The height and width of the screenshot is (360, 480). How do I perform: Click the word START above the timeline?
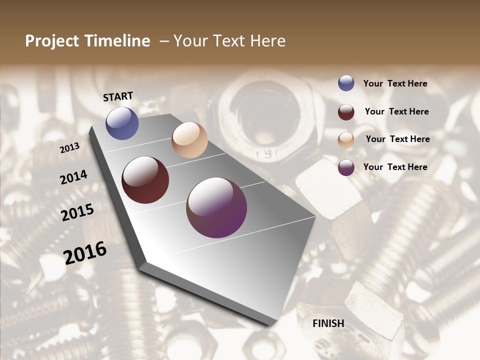tap(118, 96)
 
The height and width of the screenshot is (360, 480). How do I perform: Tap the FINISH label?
tap(328, 323)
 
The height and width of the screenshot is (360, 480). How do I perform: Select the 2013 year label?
tap(70, 147)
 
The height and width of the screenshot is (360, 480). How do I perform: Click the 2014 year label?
tap(73, 177)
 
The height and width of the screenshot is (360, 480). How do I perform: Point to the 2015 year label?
tap(77, 212)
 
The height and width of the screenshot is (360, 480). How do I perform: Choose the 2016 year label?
tap(85, 252)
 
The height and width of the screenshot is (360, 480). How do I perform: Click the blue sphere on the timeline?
tap(122, 123)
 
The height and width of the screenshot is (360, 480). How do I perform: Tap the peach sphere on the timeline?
tap(189, 140)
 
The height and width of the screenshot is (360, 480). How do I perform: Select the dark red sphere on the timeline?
tap(145, 180)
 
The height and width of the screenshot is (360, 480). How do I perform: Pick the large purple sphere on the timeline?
tap(216, 207)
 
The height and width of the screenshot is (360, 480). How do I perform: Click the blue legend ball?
tap(346, 83)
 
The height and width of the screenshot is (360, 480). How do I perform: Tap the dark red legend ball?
tap(346, 111)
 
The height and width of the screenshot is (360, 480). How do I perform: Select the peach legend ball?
tap(346, 139)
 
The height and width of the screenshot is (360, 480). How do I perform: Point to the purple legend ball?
tap(346, 167)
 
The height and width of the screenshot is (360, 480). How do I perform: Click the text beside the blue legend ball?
tap(395, 83)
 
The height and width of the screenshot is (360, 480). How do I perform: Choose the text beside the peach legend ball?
tap(397, 139)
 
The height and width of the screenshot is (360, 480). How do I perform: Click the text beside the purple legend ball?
tap(395, 167)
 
